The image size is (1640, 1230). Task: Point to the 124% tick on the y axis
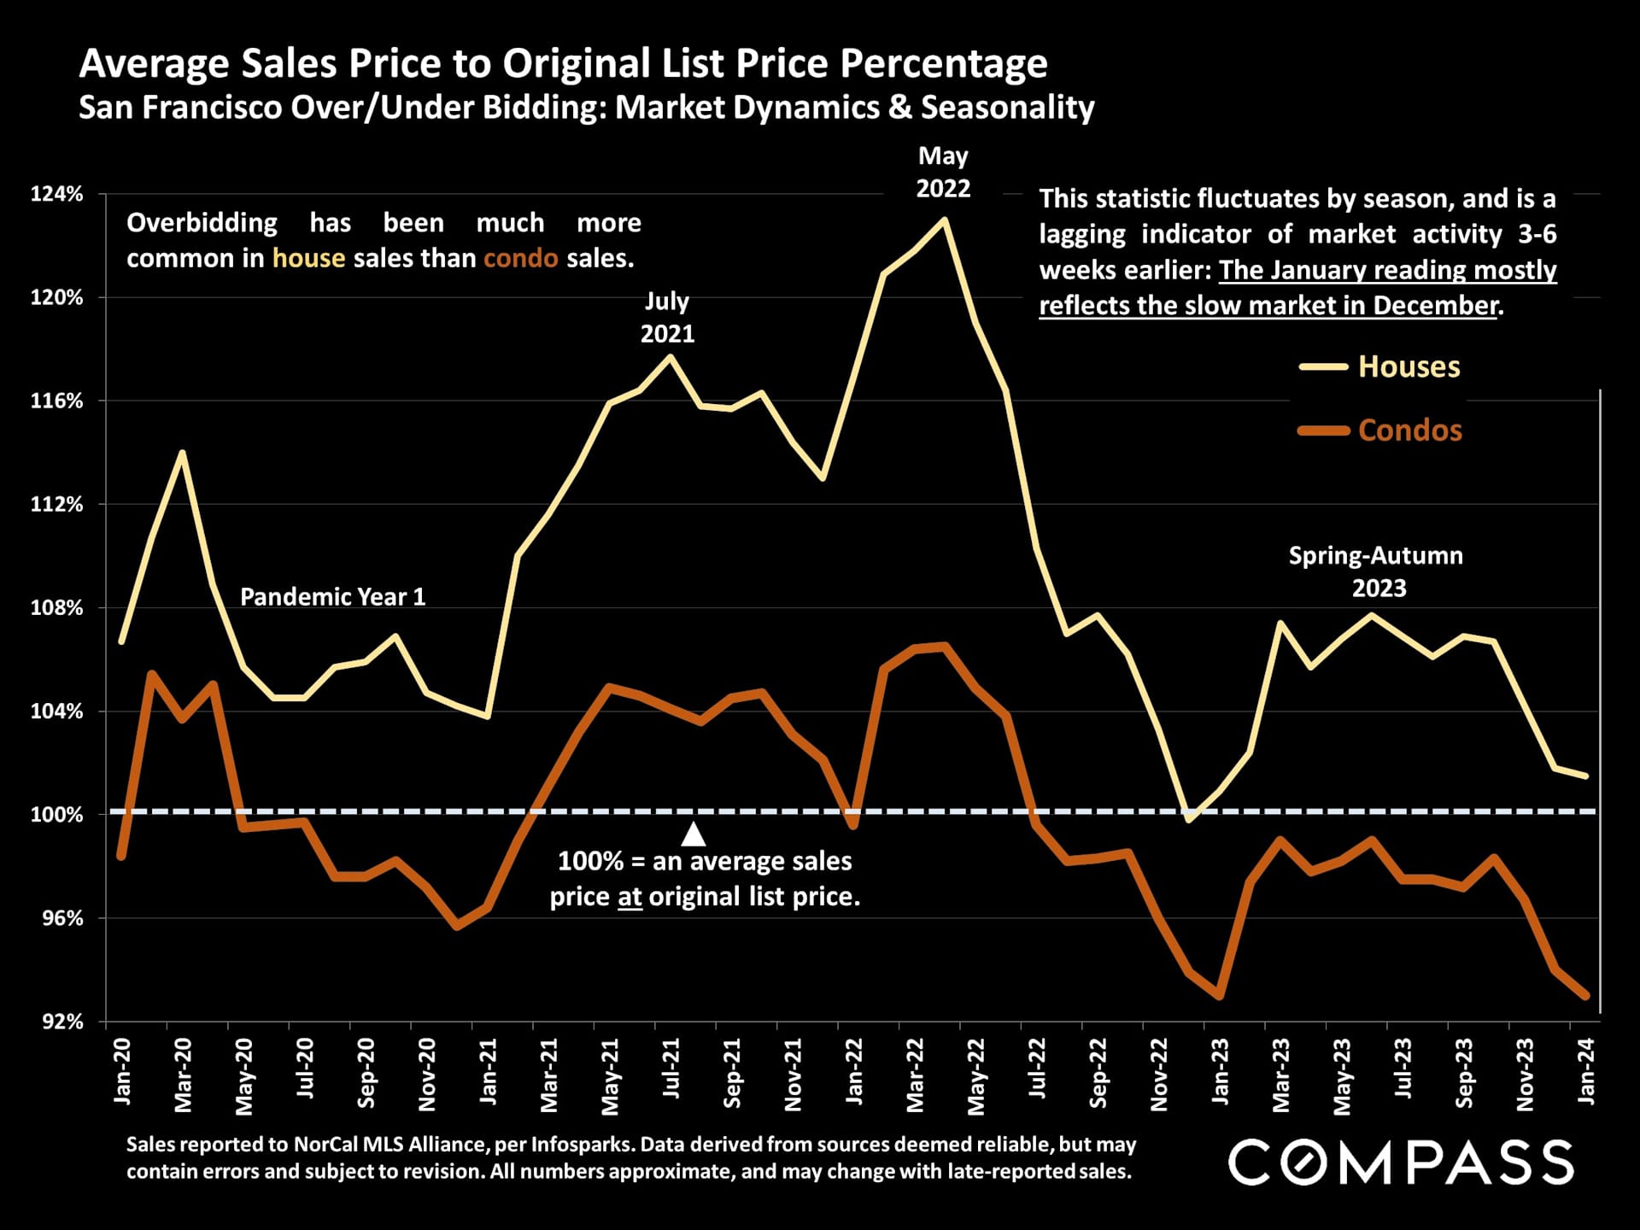57,194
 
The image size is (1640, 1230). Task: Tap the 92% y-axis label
62,1021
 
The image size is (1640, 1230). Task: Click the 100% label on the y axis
57,814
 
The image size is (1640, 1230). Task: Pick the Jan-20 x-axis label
122,1071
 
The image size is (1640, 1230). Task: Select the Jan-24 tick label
1586,1071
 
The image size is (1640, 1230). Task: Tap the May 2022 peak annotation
943,172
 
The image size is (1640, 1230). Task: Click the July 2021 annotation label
667,317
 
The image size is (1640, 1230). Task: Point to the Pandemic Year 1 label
332,596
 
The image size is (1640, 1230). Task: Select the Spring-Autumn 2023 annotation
1376,571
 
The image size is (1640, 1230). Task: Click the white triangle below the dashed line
694,835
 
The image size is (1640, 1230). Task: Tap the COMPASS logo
1401,1162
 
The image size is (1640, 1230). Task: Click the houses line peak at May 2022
944,220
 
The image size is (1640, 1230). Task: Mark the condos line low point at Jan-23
1219,996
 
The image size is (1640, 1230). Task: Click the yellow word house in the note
308,258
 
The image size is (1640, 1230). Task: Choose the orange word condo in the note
521,258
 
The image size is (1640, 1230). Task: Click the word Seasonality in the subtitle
1007,108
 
